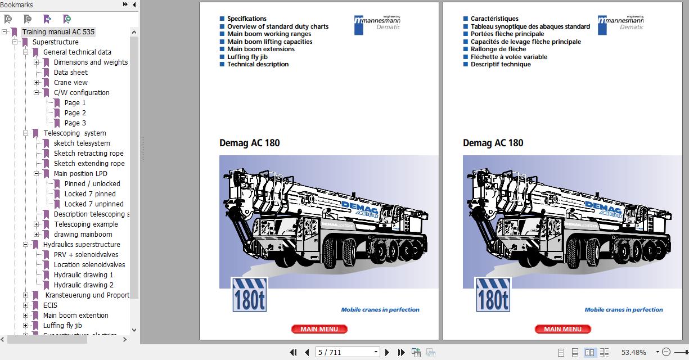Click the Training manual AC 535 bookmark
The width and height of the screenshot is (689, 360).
[58, 32]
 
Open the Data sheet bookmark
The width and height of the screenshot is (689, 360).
[70, 73]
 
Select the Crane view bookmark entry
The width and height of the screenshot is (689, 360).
[70, 83]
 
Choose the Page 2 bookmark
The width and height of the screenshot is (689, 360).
[75, 113]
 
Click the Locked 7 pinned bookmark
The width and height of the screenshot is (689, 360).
[89, 194]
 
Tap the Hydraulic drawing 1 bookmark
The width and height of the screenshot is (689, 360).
[83, 275]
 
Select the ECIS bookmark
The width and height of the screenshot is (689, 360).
[50, 305]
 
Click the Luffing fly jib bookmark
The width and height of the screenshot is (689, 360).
[62, 326]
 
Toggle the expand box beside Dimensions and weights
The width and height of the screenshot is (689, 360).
[37, 62]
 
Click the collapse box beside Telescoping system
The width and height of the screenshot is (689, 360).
[26, 133]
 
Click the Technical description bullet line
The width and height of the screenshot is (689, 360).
[258, 64]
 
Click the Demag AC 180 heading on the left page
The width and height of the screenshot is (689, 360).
[249, 143]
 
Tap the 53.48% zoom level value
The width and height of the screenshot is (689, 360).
[633, 353]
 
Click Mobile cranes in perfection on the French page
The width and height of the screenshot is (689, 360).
[623, 310]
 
